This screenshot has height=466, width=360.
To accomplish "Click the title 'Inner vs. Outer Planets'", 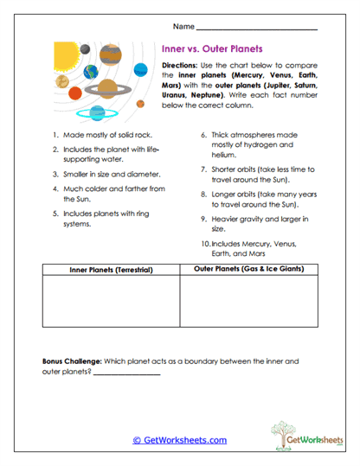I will click(212, 49).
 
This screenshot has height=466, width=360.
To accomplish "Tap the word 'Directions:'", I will click(181, 66).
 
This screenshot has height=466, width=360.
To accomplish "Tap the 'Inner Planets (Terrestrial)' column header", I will click(110, 270).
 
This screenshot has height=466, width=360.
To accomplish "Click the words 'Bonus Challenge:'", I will click(72, 360).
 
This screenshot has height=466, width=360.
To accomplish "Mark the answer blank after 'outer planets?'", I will click(125, 373).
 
